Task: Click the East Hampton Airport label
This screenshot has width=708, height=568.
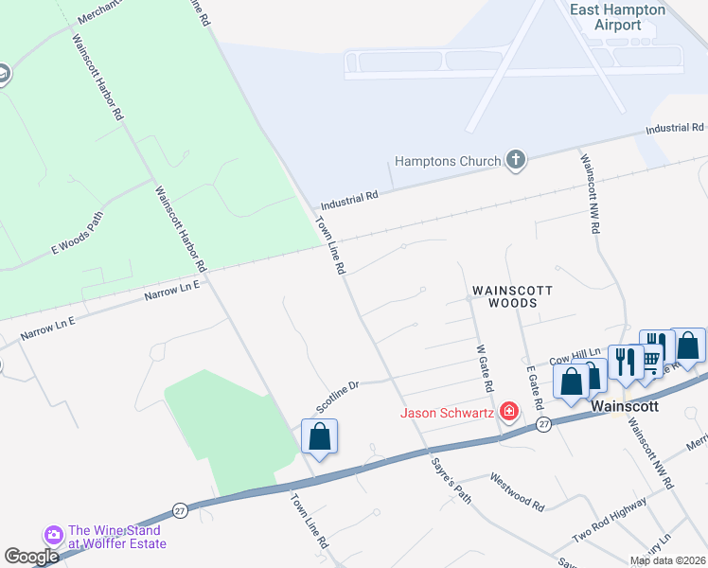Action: click(x=618, y=17)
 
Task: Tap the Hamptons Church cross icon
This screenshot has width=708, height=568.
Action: click(x=516, y=159)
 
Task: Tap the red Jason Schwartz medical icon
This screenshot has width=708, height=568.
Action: click(x=509, y=411)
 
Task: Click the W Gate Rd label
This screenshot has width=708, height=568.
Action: click(x=485, y=370)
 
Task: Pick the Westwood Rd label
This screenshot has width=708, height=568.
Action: click(x=517, y=492)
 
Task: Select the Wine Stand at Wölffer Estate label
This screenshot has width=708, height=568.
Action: click(x=116, y=537)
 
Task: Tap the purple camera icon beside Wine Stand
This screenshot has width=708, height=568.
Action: click(x=53, y=535)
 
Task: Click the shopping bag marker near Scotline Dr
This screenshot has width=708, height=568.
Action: click(x=320, y=437)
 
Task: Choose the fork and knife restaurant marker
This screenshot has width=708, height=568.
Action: click(x=625, y=362)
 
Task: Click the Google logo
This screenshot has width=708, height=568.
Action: click(x=31, y=557)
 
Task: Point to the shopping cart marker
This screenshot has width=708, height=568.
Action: click(x=651, y=362)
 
